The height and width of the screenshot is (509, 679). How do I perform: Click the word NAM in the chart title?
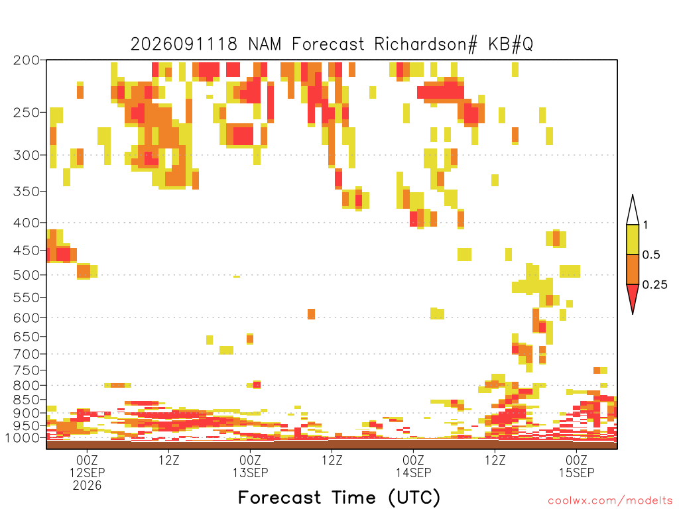pyautogui.click(x=265, y=44)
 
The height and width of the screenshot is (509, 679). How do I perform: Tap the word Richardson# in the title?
pyautogui.click(x=426, y=44)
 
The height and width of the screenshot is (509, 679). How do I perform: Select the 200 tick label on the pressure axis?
pyautogui.click(x=26, y=60)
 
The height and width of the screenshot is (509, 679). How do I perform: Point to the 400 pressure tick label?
pyautogui.click(x=26, y=223)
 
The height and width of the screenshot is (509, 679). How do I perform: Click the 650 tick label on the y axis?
pyautogui.click(x=26, y=336)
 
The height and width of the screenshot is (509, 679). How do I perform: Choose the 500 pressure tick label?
pyautogui.click(x=26, y=275)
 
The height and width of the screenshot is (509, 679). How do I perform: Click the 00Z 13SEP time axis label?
pyautogui.click(x=250, y=466)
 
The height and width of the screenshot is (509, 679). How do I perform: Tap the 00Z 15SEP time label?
pyautogui.click(x=577, y=466)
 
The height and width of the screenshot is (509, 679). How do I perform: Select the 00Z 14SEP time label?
pyautogui.click(x=414, y=466)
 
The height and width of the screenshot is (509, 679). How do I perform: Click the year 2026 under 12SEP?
pyautogui.click(x=87, y=486)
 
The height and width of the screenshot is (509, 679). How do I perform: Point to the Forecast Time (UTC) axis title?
pyautogui.click(x=339, y=497)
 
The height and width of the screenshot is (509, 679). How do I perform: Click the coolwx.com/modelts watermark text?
pyautogui.click(x=611, y=501)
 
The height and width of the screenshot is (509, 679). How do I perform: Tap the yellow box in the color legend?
pyautogui.click(x=633, y=239)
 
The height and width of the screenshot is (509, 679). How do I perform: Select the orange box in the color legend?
pyautogui.click(x=633, y=269)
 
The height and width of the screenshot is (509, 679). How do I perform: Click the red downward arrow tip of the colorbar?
pyautogui.click(x=633, y=313)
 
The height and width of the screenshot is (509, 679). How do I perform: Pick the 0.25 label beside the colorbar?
pyautogui.click(x=655, y=285)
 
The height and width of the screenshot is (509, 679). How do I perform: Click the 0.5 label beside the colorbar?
pyautogui.click(x=651, y=255)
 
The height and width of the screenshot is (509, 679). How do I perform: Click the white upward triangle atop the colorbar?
pyautogui.click(x=633, y=210)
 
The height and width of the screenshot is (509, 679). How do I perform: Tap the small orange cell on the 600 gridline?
pyautogui.click(x=311, y=313)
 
